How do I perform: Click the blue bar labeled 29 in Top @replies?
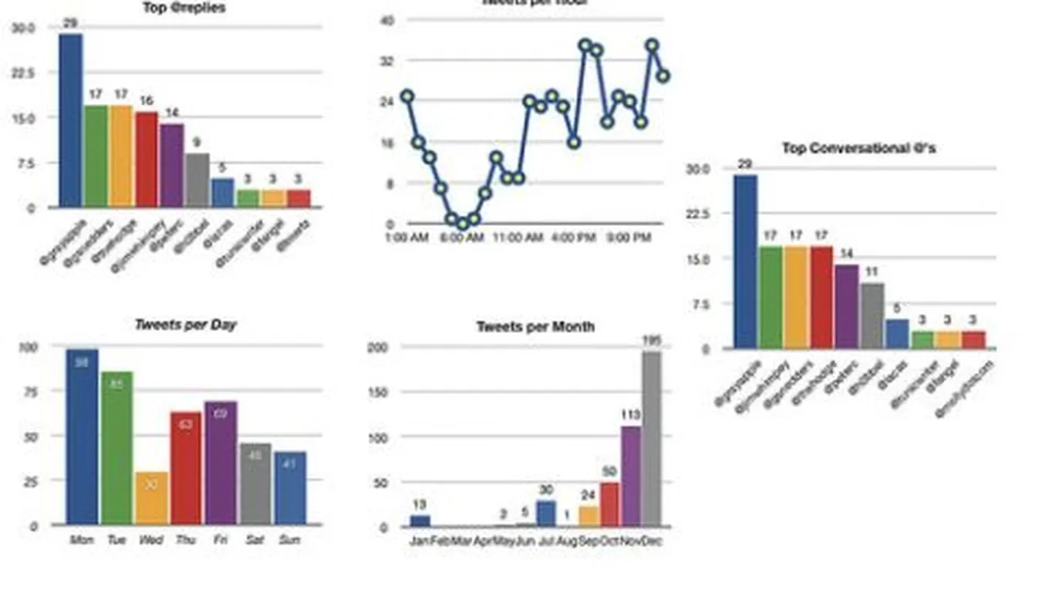[70, 120]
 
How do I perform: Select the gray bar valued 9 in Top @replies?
[197, 180]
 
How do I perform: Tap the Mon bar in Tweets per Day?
[82, 437]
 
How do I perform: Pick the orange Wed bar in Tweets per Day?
[151, 498]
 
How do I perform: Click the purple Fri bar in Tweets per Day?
[221, 463]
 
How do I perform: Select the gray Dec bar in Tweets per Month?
[652, 439]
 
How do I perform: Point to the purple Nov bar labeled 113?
[631, 476]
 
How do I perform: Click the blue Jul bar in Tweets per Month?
[546, 514]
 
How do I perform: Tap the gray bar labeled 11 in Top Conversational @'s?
[872, 316]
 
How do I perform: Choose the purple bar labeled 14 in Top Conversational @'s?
[846, 306]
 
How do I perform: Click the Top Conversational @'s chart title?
[858, 148]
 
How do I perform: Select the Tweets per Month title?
[535, 327]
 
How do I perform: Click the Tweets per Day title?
[185, 325]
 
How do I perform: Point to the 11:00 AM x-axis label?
[518, 238]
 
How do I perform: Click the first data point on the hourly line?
[407, 96]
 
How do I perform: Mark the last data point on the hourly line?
[663, 76]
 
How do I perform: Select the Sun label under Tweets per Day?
[289, 540]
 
